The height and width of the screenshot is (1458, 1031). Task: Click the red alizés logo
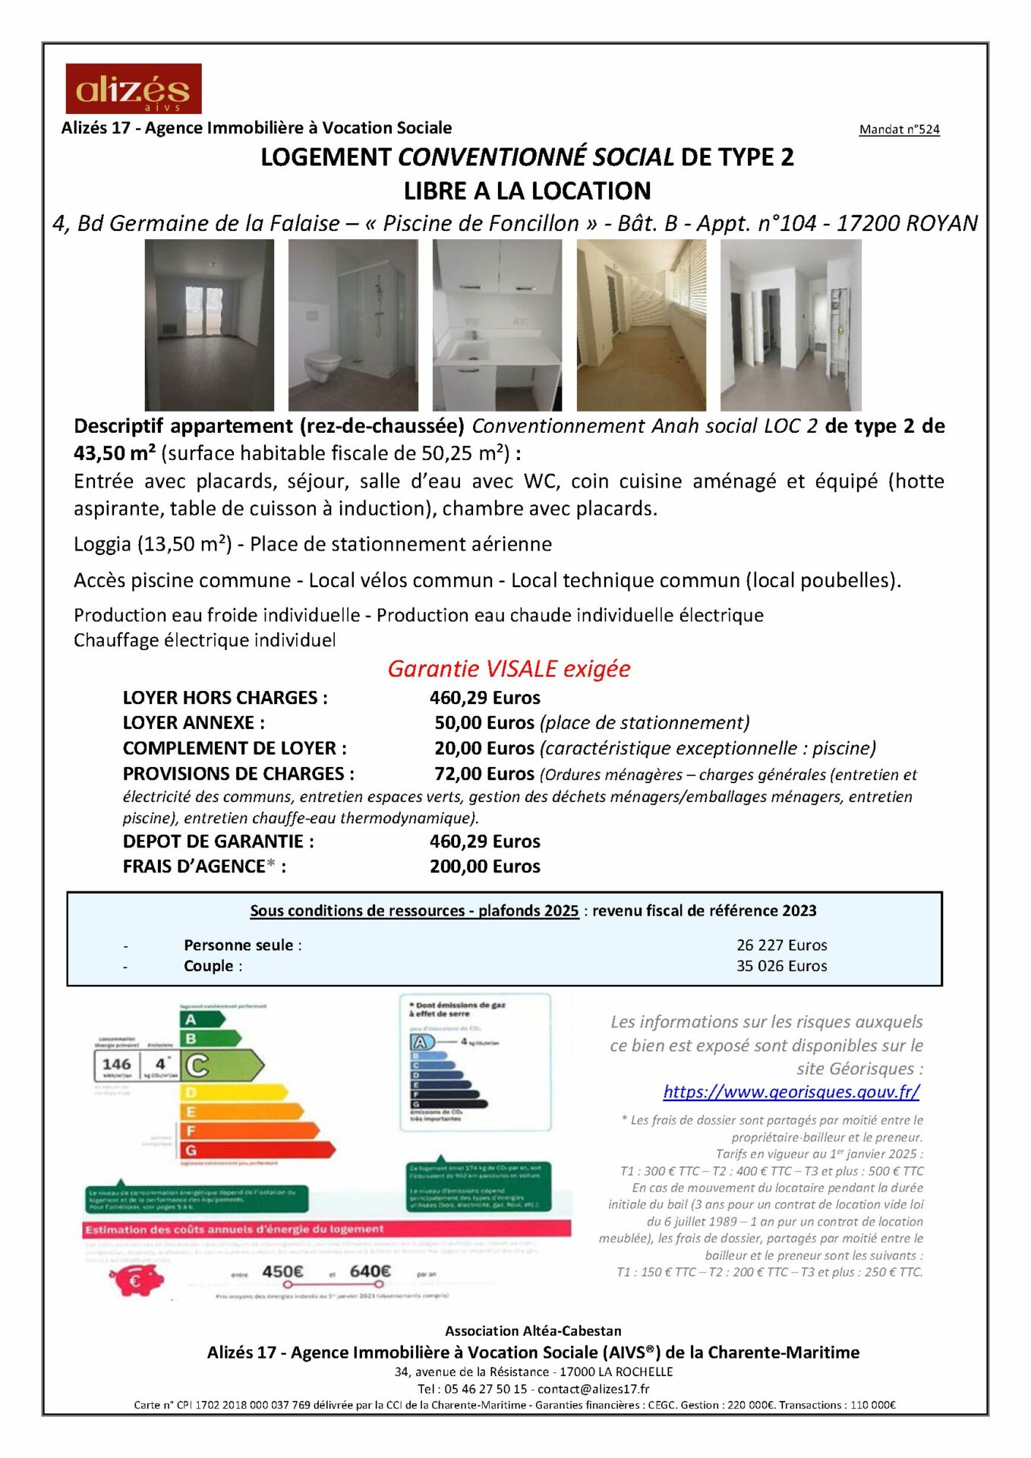pyautogui.click(x=133, y=88)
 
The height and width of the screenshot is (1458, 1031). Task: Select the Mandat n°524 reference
pyautogui.click(x=899, y=129)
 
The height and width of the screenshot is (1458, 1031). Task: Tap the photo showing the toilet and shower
pyautogui.click(x=352, y=325)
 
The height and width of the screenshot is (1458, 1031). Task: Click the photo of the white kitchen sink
pyautogui.click(x=497, y=325)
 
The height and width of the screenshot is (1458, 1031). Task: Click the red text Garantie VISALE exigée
pyautogui.click(x=509, y=668)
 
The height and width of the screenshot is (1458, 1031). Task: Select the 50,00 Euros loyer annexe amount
pyautogui.click(x=484, y=722)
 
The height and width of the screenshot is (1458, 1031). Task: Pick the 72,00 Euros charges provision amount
pyautogui.click(x=484, y=774)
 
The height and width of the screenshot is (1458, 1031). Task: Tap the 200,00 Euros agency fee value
pyautogui.click(x=484, y=866)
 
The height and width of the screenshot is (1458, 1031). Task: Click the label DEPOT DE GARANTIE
pyautogui.click(x=218, y=841)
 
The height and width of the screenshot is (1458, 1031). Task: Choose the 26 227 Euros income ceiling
pyautogui.click(x=781, y=945)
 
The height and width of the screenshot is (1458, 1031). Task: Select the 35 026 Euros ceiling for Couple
pyautogui.click(x=781, y=966)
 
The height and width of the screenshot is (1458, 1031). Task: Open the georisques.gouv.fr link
pyautogui.click(x=791, y=1091)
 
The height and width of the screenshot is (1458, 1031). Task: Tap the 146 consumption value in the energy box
pyautogui.click(x=117, y=1064)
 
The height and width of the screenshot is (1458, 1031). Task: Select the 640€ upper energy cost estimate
pyautogui.click(x=370, y=1271)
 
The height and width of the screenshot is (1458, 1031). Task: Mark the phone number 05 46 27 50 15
pyautogui.click(x=485, y=1388)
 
